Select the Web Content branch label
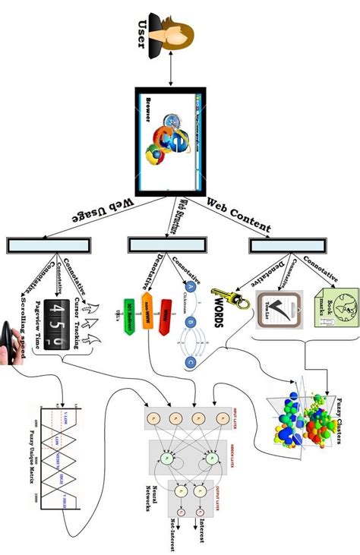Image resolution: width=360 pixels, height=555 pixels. coord(238,215)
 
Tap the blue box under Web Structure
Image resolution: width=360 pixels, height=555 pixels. coord(162,244)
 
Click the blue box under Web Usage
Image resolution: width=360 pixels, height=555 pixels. coord(49,245)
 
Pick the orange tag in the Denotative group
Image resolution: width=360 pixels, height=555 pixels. coord(147,311)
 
